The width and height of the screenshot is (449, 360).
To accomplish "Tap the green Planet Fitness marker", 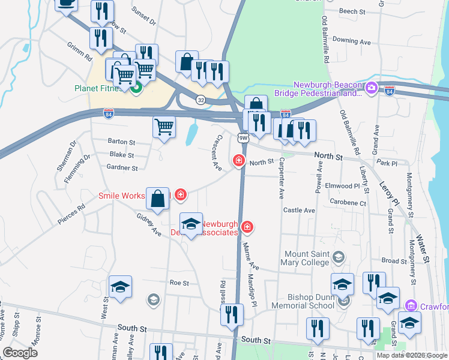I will coord(136,88).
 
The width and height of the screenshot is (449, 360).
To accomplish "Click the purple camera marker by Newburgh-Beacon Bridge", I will coord(372,89).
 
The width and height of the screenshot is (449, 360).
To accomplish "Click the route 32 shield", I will coord(200,100).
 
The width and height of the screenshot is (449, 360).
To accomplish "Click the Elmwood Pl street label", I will coord(342,186).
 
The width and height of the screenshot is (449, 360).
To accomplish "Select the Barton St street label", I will coord(121,142).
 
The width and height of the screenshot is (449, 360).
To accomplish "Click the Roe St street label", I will coord(179,283).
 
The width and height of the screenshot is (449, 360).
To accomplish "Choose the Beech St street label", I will coord(352,11).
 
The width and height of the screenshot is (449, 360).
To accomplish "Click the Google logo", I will coord(20,353).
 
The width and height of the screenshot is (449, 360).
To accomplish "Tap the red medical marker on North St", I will coord(239,160).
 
